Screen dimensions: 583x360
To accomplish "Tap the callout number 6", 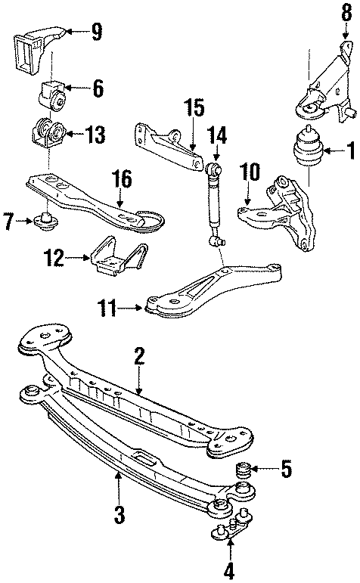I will [98, 89].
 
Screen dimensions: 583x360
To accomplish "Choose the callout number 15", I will [195, 107].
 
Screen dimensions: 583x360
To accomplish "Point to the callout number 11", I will [109, 306].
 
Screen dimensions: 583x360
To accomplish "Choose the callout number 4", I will [229, 568].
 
